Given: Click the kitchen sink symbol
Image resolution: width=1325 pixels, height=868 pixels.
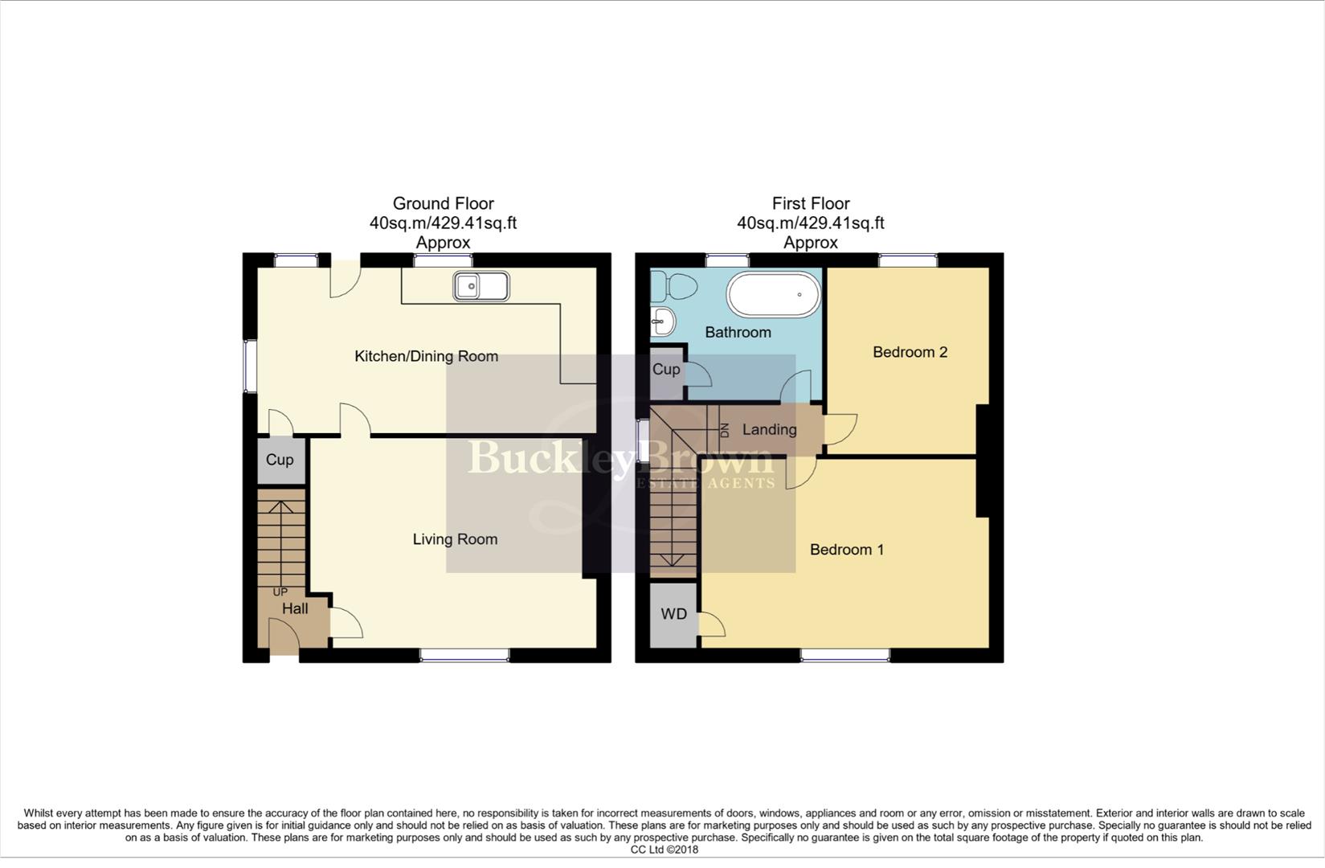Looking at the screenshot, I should point(481,286).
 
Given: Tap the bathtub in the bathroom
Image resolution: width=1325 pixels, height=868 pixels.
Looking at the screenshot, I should point(774,295).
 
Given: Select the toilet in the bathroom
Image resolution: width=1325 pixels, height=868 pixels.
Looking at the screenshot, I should point(673,286).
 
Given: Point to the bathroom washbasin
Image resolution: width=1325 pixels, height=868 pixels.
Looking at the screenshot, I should point(662,321).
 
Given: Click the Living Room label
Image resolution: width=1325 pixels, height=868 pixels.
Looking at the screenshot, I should point(455,539).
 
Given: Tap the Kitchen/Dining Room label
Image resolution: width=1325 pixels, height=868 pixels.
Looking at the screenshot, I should point(426,356).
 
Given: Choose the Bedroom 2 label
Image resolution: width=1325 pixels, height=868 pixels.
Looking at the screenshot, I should point(910,352).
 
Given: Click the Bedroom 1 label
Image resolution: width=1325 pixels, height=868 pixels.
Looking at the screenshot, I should point(846,550).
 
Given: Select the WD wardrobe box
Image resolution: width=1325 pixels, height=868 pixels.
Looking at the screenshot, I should point(673,614).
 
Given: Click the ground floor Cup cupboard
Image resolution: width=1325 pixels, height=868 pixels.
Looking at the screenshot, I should point(280,460).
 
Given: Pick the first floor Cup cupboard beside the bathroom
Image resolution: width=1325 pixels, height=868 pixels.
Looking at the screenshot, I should point(666,370).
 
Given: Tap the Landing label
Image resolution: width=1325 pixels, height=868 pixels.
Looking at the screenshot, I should point(769,430).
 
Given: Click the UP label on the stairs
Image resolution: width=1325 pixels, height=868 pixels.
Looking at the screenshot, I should point(280,592).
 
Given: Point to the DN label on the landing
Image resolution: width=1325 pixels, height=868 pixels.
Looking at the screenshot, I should point(724,430).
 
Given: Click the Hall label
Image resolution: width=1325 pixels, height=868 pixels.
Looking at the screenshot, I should point(295,609).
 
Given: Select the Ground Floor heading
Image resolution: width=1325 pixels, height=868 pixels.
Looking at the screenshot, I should point(443,203).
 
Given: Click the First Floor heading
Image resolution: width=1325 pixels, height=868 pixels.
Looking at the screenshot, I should point(810,203).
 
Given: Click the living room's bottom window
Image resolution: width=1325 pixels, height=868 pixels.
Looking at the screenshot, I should point(464,656).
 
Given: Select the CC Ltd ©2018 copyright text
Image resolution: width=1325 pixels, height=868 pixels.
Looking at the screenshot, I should point(664,850).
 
